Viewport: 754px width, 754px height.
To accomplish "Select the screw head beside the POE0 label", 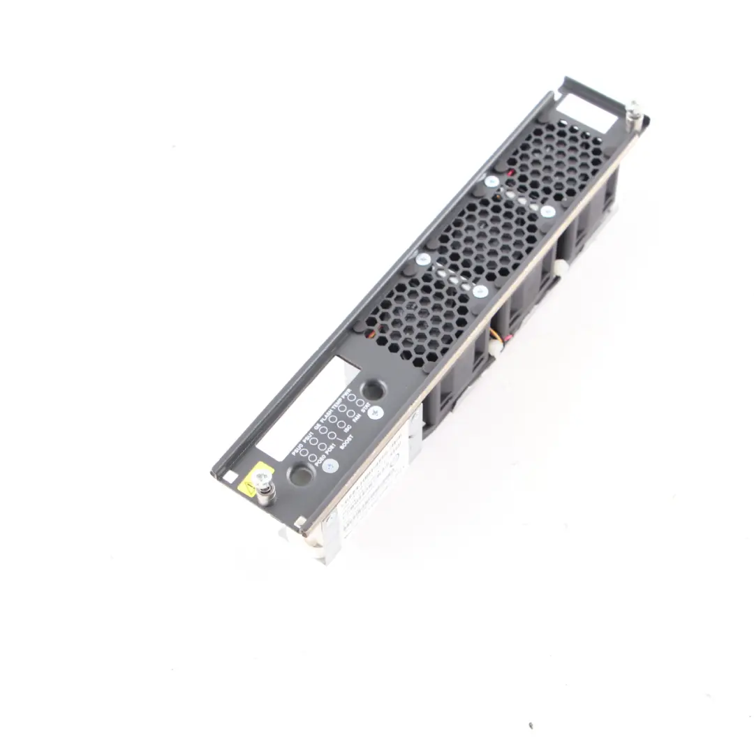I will (330, 466).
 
